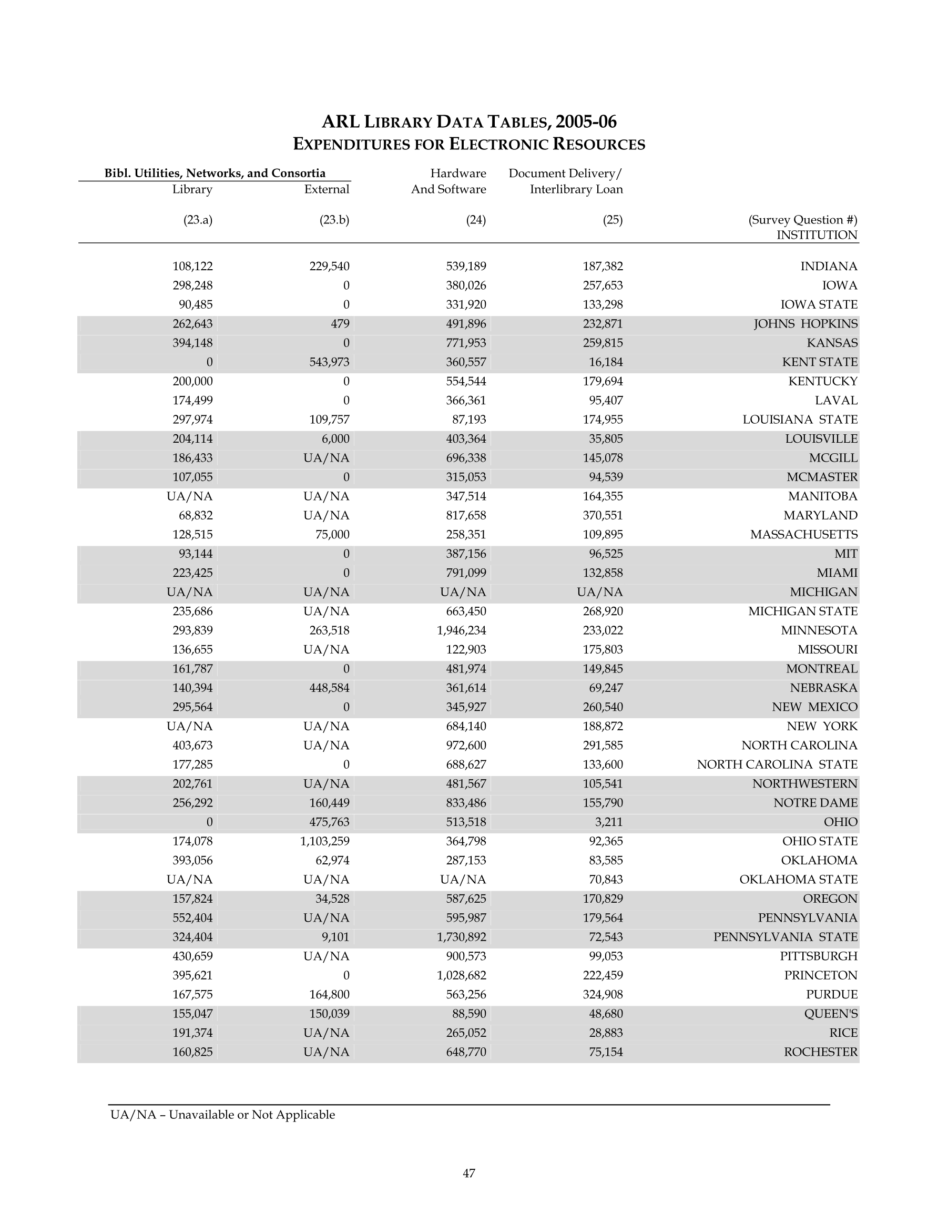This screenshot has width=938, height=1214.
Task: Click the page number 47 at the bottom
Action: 468,1173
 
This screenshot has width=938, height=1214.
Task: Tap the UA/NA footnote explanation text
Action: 222,1115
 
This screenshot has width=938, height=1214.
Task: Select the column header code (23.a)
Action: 198,220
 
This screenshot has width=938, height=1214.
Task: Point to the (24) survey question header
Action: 476,220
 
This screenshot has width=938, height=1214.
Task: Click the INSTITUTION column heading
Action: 817,235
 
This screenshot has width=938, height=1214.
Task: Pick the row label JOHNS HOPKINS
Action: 805,324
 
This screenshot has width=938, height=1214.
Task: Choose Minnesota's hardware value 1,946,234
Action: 461,630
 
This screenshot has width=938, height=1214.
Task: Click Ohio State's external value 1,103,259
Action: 325,842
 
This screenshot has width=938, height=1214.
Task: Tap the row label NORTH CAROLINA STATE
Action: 777,765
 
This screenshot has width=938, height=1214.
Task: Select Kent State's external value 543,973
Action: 329,362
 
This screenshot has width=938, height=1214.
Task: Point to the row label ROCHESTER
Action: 821,1052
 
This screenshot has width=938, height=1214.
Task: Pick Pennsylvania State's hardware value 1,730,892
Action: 461,937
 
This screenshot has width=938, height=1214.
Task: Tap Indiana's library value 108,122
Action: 192,267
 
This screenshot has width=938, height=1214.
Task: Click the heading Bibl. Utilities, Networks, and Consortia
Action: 215,174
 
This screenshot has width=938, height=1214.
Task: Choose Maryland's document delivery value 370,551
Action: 603,516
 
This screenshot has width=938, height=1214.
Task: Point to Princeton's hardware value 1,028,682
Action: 461,975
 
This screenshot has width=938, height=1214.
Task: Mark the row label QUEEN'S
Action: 831,1014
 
